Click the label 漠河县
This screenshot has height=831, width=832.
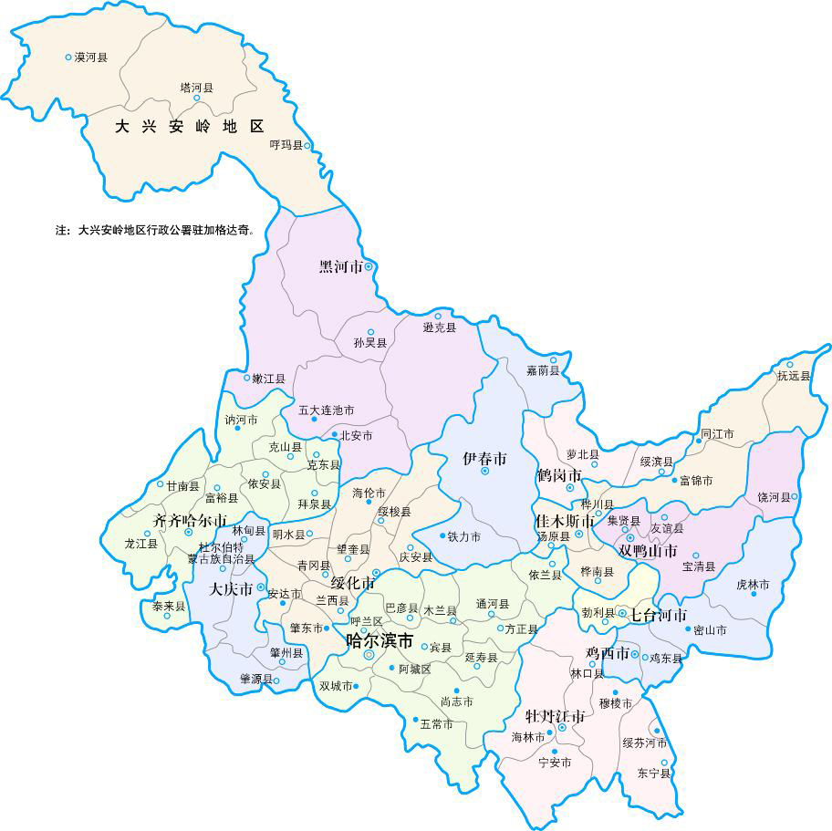90,57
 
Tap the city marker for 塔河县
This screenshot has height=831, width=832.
196,98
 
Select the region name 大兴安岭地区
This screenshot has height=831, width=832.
189,127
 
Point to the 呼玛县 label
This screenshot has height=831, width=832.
286,145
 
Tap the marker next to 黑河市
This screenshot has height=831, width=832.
369,266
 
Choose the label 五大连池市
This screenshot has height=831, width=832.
326,410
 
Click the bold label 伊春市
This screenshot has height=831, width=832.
484,457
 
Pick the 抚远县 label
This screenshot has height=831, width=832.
793,376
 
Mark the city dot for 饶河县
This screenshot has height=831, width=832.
795,497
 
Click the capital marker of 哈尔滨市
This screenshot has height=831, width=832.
369,655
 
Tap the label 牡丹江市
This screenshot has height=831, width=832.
555,715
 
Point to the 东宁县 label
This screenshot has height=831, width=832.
654,774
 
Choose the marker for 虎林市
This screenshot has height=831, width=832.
754,594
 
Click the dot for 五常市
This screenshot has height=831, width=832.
415,720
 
